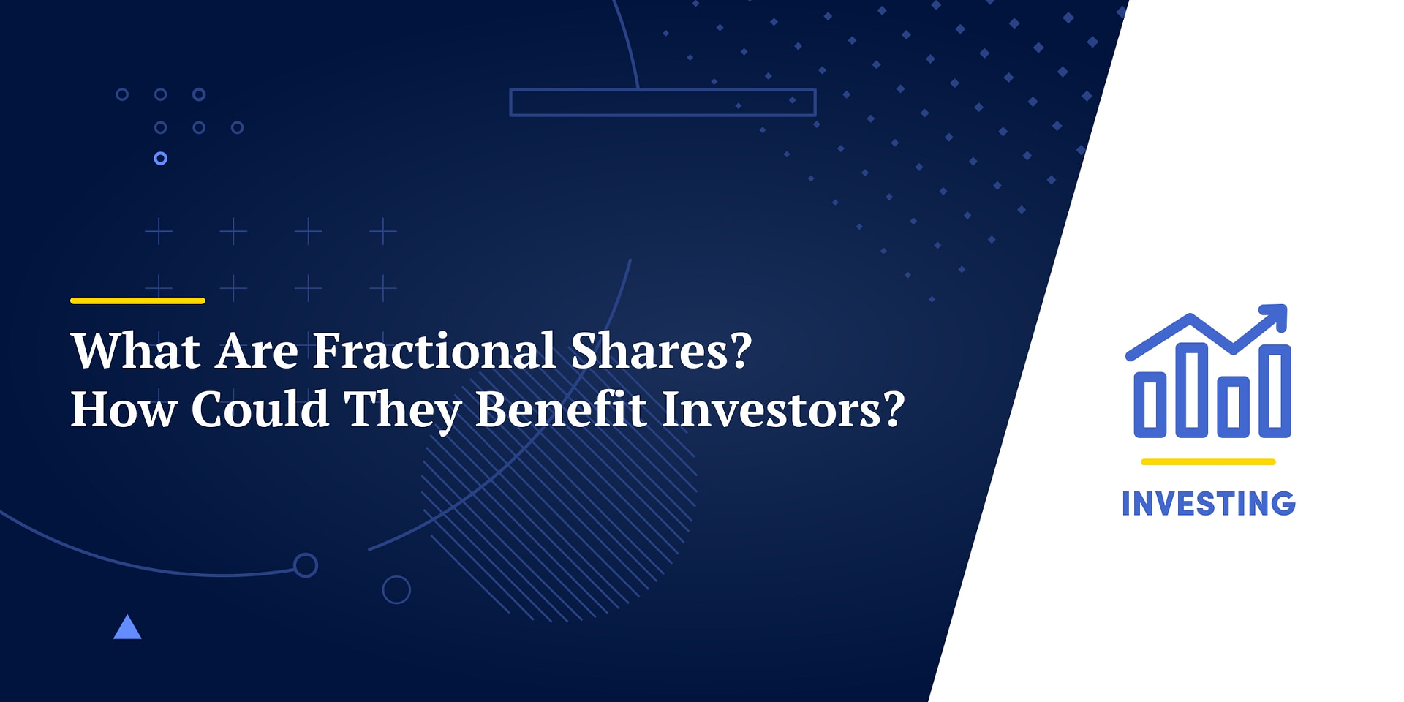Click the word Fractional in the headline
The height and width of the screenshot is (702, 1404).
coord(434,351)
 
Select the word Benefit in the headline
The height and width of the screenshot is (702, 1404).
coord(561,409)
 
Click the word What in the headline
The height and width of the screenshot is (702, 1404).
coord(136,351)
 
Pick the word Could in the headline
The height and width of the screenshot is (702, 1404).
coord(260,409)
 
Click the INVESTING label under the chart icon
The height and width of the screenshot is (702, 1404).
coord(1208,504)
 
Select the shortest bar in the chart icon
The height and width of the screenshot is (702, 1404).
coord(1150,404)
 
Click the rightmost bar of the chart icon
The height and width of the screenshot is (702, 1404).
coord(1275,390)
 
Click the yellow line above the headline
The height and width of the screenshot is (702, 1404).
coord(137,301)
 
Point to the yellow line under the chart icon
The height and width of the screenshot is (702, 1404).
coord(1208,462)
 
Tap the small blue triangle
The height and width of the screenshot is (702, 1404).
coord(127,628)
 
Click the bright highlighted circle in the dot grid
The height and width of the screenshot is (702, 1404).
coord(161,158)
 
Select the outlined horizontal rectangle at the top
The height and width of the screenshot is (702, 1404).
coord(663,102)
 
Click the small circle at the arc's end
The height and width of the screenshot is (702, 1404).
coord(305,565)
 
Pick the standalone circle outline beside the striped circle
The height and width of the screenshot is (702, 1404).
coord(396,589)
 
